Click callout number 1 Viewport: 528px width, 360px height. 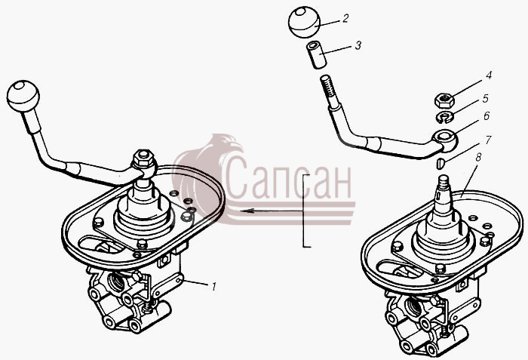point(213,287)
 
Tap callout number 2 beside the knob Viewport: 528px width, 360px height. point(345,18)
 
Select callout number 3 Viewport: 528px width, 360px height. point(358,45)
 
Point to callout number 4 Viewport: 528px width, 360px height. point(488,75)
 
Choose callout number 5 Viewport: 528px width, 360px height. point(485,98)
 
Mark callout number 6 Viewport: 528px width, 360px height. point(487,116)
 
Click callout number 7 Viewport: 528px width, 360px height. point(487,140)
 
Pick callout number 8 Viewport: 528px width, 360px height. point(478,157)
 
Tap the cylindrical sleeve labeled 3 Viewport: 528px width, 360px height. point(316,55)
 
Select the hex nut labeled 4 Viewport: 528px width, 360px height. point(444,100)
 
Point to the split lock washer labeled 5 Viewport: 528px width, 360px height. point(446,117)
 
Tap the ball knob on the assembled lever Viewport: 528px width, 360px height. point(23,96)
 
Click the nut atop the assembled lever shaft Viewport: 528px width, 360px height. point(144,158)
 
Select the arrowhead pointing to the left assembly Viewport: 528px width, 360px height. point(247,211)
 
